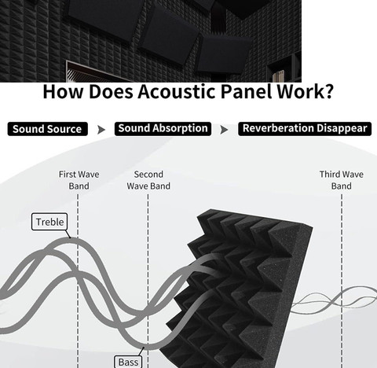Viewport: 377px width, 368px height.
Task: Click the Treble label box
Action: (49, 222)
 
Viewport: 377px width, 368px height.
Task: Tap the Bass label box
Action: (128, 362)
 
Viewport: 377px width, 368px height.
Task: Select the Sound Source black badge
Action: (47, 129)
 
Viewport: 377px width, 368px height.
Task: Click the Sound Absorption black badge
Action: (163, 129)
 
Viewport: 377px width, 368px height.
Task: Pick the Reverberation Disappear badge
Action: (305, 129)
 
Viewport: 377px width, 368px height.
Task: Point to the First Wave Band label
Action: (79, 180)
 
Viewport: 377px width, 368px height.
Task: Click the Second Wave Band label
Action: (148, 180)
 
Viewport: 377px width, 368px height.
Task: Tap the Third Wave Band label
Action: (342, 180)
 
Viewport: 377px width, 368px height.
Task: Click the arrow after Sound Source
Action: (101, 130)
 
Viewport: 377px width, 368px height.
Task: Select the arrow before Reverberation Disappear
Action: (224, 130)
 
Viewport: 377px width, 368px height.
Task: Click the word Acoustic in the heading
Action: (177, 91)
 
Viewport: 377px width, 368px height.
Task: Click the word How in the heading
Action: (63, 91)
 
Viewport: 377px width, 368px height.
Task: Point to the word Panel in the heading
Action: (247, 91)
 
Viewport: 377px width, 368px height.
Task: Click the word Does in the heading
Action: (111, 91)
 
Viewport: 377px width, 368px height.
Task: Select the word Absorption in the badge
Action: (180, 129)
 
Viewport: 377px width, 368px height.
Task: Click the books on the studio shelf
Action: (278, 76)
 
